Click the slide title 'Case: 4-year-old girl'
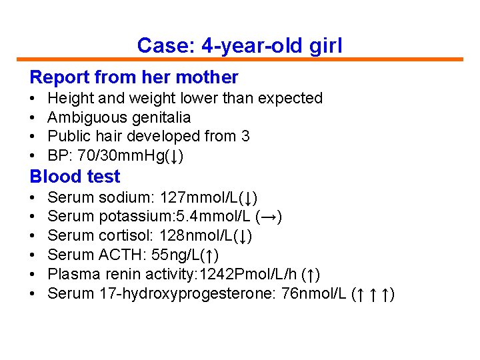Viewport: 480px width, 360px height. pos(239,45)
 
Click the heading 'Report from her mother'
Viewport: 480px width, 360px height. pos(134,77)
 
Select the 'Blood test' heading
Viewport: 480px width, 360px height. pos(75,177)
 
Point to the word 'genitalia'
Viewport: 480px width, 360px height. pos(164,117)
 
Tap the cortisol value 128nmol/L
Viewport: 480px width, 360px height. pos(196,236)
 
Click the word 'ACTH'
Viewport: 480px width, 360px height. pos(118,255)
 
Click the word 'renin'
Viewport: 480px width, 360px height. pos(117,274)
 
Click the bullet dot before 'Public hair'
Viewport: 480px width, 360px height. pos(33,137)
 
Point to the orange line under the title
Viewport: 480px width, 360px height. pos(239,59)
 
